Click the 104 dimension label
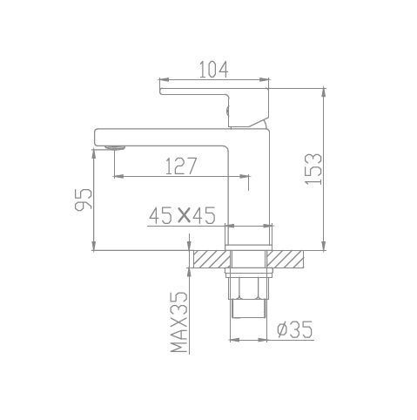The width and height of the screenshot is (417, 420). pyautogui.click(x=214, y=70)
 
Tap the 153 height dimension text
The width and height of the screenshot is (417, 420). pyautogui.click(x=313, y=169)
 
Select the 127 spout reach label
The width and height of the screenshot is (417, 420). pyautogui.click(x=181, y=166)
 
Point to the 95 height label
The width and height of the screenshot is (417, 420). pyautogui.click(x=84, y=200)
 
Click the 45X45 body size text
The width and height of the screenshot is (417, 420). pyautogui.click(x=182, y=216)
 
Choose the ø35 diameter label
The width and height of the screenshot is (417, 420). pyautogui.click(x=295, y=329)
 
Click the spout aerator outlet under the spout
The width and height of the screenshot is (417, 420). pyautogui.click(x=115, y=148)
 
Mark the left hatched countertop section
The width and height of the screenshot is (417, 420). pyautogui.click(x=212, y=259)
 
